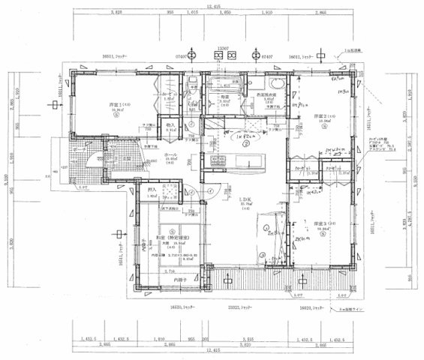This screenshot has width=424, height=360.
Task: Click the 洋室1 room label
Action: (x=116, y=104)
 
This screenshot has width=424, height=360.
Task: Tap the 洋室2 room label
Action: (x=313, y=117)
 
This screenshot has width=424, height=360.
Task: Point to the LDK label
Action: (x=245, y=199)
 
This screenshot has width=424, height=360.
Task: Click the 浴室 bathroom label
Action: (x=224, y=97)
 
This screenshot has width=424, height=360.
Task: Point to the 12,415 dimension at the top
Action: (x=215, y=6)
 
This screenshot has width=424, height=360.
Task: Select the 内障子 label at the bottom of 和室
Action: (x=178, y=280)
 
